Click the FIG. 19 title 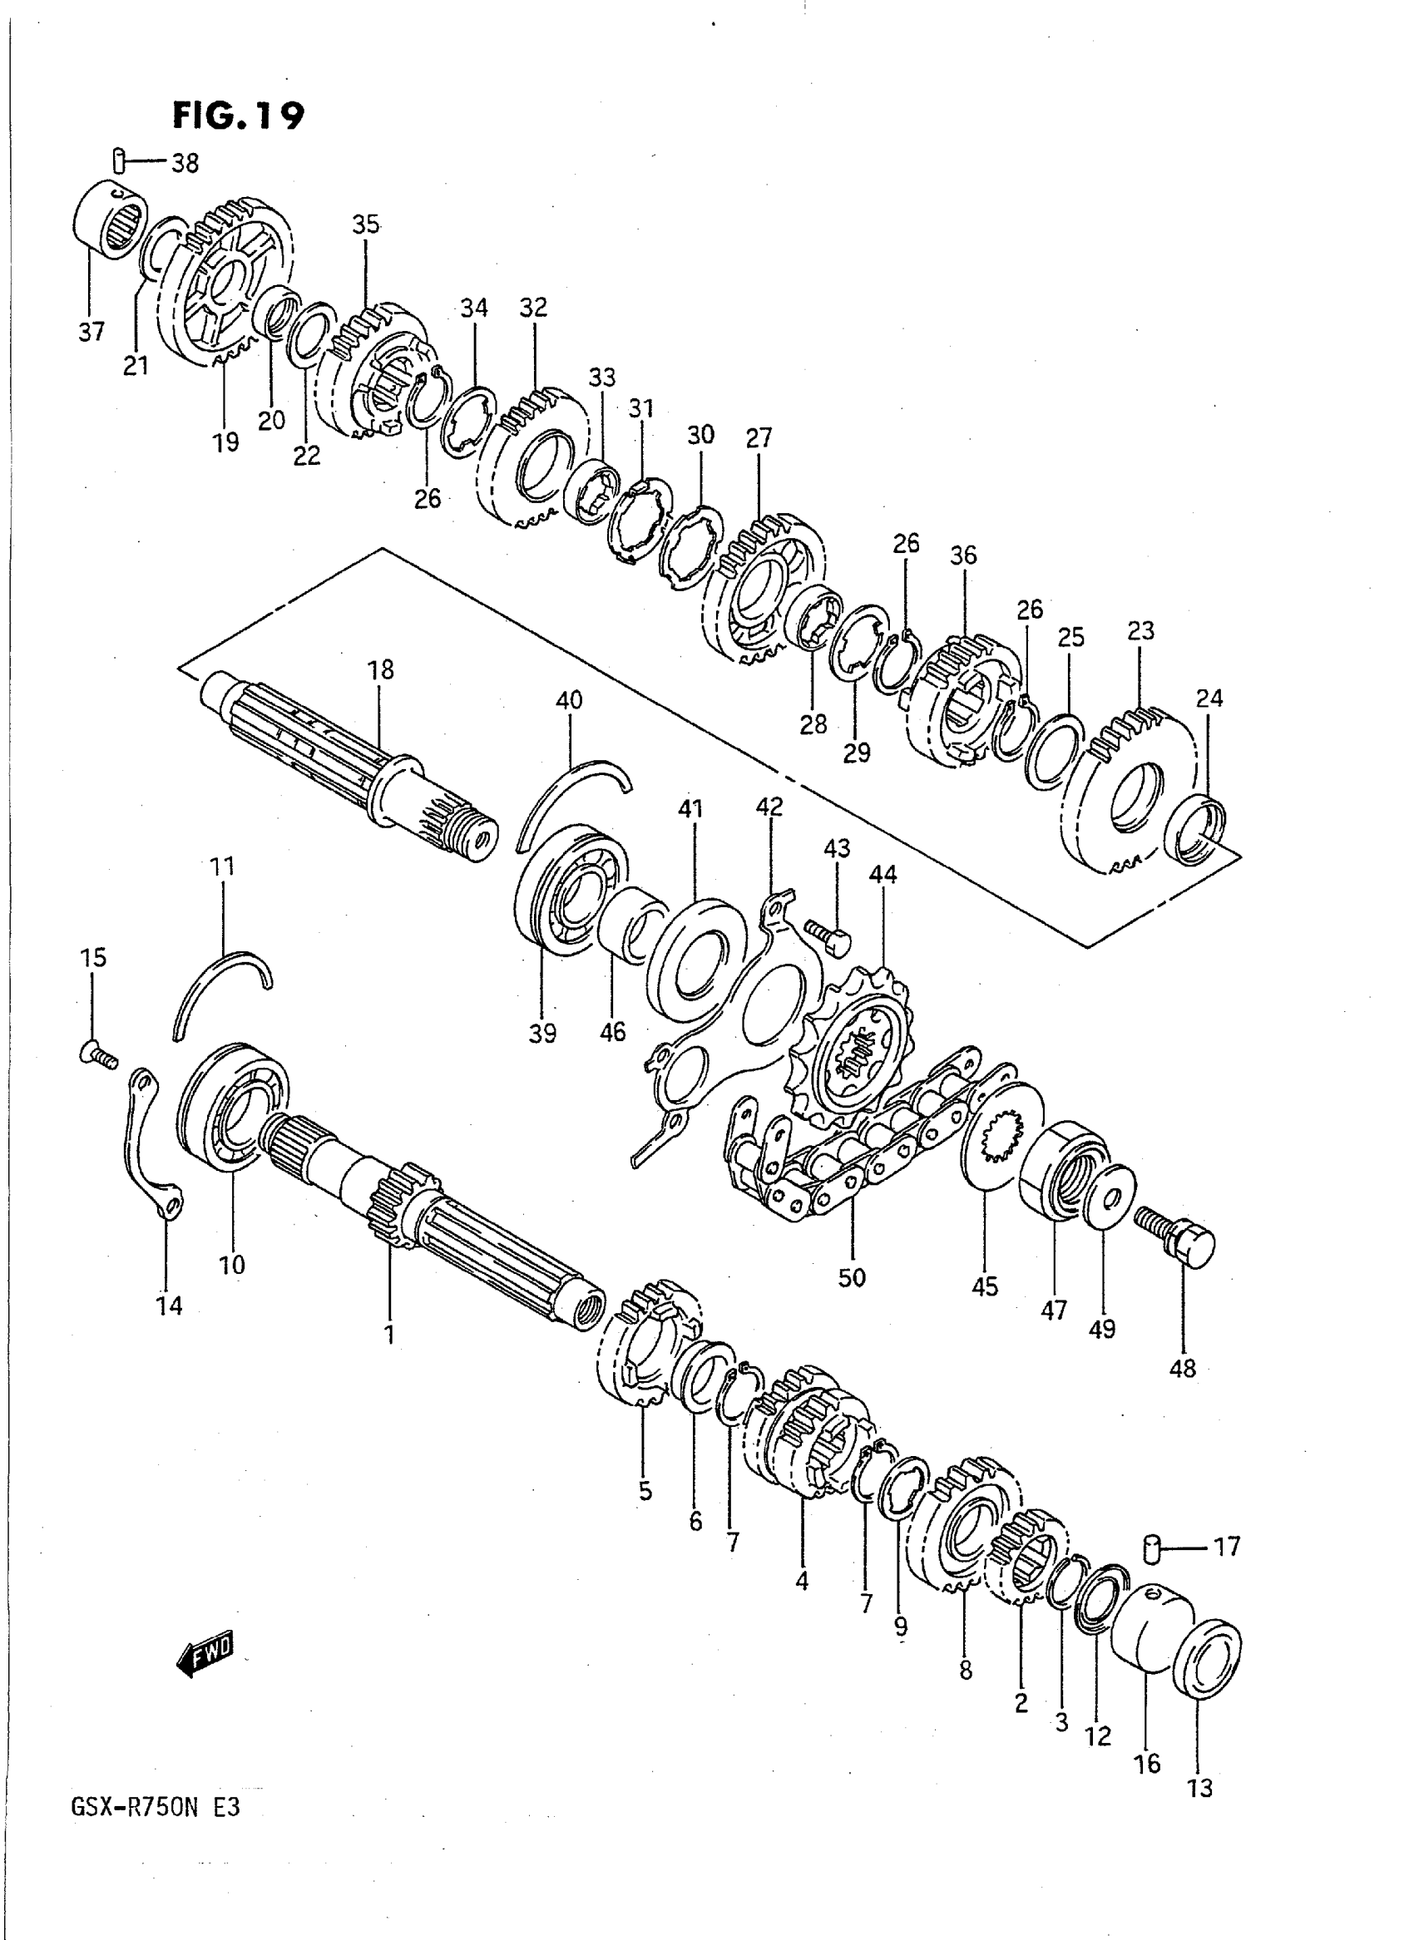(x=237, y=115)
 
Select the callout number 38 (x=185, y=163)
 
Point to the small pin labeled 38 (x=121, y=160)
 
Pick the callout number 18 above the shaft (x=381, y=669)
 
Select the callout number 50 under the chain (x=853, y=1301)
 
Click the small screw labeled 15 (x=96, y=1055)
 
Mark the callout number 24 (x=1209, y=698)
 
